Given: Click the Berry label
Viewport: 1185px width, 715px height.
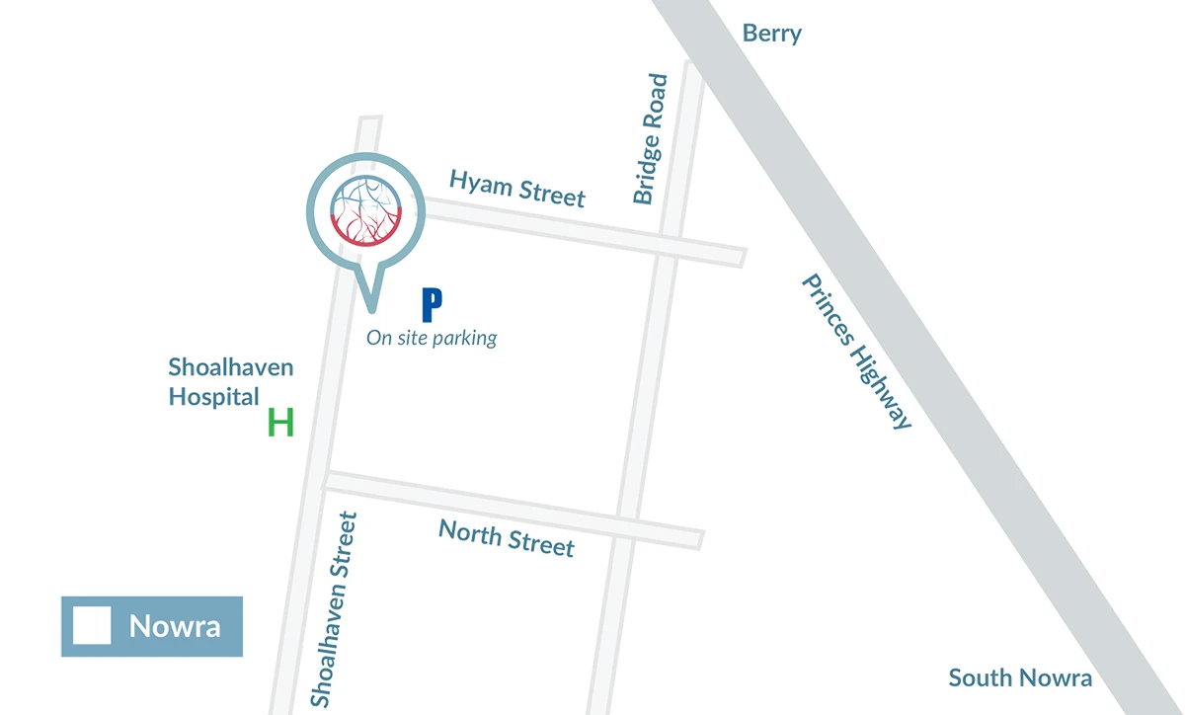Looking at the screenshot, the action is coord(771,34).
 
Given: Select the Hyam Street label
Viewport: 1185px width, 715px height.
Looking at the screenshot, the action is coord(517,187).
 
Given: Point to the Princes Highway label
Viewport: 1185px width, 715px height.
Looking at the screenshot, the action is coord(855,351).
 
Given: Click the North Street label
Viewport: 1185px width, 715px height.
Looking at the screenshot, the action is coord(506,537).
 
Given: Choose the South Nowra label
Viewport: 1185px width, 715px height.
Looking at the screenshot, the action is coord(1020,677).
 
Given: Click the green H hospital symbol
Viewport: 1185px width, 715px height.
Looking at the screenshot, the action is coord(281,424).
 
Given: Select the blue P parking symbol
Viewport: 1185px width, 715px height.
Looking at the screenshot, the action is coord(431,305).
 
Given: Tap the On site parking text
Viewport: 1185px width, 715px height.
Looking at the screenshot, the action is coord(432,338).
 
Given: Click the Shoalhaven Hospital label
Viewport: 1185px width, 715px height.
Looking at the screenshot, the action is coord(230,382).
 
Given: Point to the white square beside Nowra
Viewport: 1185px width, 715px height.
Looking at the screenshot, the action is coord(92,626).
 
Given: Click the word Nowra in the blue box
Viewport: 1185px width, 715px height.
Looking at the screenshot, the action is coord(175,626).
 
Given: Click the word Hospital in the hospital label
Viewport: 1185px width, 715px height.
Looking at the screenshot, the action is coord(213,397).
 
